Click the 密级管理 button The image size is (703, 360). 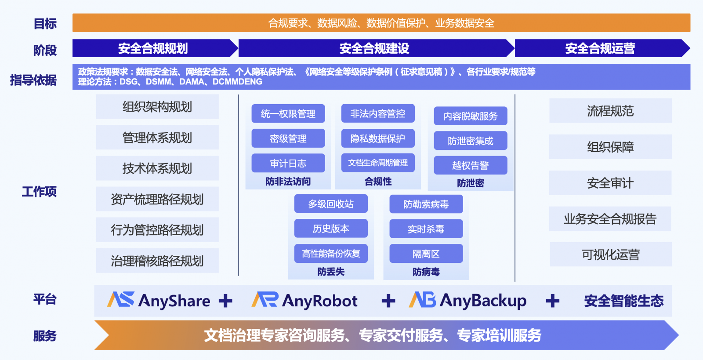[x=288, y=138]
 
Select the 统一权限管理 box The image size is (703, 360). [x=288, y=113]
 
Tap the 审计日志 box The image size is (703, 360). [x=288, y=163]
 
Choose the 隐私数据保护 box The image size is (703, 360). [x=378, y=138]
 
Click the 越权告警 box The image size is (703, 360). [x=471, y=165]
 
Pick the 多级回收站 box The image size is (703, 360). [x=331, y=204]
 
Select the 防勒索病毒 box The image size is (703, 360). [x=426, y=204]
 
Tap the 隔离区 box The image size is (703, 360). [x=426, y=253]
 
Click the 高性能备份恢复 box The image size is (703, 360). [x=331, y=253]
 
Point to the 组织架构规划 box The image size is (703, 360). [x=157, y=107]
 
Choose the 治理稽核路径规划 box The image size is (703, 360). [x=157, y=261]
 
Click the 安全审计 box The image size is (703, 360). [x=610, y=183]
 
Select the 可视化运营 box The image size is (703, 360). [x=610, y=254]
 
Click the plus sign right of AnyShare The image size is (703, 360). [x=225, y=301]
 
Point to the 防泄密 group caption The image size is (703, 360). [x=471, y=183]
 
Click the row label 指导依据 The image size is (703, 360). [x=33, y=80]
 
